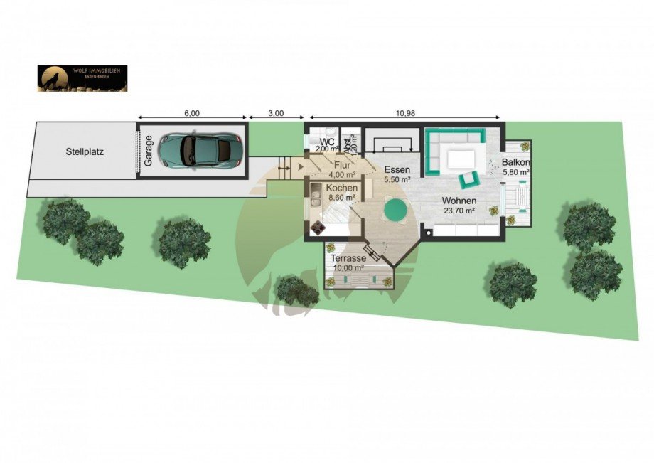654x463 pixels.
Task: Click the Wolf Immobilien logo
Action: [x=82, y=78]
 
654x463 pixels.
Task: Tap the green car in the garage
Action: [x=201, y=149]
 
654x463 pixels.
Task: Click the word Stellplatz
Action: [x=85, y=151]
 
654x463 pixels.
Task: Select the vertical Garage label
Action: [x=149, y=151]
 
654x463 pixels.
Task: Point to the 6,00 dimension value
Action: [x=192, y=113]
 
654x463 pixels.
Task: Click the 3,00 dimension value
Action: [x=277, y=113]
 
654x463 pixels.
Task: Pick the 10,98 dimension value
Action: [x=405, y=113]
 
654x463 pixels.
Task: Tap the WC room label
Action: [x=328, y=142]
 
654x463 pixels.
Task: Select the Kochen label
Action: [x=342, y=188]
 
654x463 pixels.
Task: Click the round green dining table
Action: [x=395, y=209]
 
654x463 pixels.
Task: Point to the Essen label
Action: [x=397, y=170]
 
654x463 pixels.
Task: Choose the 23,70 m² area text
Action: [x=459, y=211]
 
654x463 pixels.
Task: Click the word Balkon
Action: [x=517, y=162]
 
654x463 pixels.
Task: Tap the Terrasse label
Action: [x=348, y=259]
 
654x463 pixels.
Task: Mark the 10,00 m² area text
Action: [x=348, y=268]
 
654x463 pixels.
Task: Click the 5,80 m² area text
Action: [x=517, y=172]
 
